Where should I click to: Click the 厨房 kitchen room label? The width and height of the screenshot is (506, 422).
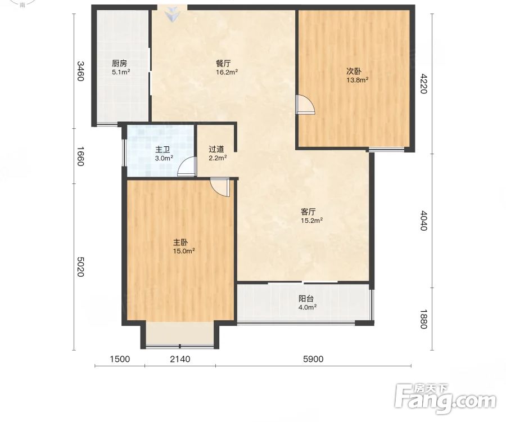click(119, 63)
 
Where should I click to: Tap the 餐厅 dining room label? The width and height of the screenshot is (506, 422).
click(223, 63)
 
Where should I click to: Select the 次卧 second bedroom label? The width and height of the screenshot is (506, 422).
click(354, 71)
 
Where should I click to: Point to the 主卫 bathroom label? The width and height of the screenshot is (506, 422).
click(162, 150)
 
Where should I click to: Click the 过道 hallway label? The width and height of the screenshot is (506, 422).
click(216, 149)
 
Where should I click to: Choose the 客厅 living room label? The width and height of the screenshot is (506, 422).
click(308, 212)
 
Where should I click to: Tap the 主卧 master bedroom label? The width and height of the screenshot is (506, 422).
click(180, 242)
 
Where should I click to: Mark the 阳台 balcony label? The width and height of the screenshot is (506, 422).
click(306, 299)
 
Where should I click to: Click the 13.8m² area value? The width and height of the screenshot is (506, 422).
click(358, 80)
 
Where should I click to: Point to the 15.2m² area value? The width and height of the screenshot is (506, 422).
click(311, 221)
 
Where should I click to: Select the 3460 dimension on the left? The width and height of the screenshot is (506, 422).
click(80, 71)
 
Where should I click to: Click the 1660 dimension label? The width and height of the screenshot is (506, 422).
click(80, 156)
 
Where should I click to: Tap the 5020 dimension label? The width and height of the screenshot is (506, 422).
click(80, 267)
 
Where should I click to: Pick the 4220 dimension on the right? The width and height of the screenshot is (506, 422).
click(423, 83)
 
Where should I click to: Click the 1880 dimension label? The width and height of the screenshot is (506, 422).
click(423, 318)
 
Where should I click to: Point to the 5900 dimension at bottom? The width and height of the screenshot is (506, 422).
click(313, 359)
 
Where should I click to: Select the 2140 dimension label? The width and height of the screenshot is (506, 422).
click(180, 359)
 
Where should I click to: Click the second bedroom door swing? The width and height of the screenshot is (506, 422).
click(305, 104)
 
